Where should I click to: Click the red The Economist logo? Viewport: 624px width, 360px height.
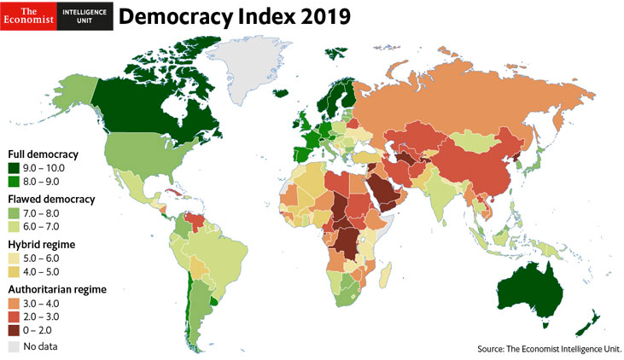(x=29, y=15)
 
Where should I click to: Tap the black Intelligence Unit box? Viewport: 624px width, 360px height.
(x=85, y=15)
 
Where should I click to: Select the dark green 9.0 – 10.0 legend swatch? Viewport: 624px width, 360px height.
(x=15, y=167)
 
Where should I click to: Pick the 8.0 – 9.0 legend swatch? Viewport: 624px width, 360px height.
(x=15, y=181)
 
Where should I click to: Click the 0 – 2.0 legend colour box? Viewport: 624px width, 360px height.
(x=15, y=329)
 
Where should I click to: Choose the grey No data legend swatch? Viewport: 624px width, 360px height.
(x=15, y=345)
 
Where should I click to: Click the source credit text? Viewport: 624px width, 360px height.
(x=549, y=348)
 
